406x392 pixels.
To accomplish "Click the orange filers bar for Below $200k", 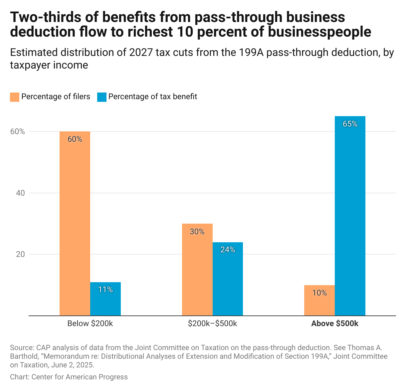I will (x=75, y=223).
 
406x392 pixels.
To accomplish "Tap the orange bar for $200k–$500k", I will (x=197, y=270).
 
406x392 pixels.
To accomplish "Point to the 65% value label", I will (x=350, y=124).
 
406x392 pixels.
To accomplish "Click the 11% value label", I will (x=105, y=290).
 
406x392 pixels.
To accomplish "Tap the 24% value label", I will (x=228, y=250).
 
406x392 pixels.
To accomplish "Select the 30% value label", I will (x=197, y=232).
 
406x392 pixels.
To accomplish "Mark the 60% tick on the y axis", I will (x=18, y=131).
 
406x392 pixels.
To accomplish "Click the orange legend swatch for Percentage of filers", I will (x=15, y=97).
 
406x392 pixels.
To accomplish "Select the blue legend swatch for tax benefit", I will (x=102, y=97).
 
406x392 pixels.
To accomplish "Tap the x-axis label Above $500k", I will (x=335, y=323).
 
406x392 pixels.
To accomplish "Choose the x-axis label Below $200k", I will (x=90, y=323).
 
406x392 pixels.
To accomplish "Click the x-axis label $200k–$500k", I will (x=212, y=323).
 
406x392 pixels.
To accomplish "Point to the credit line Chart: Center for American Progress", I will (x=69, y=377).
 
